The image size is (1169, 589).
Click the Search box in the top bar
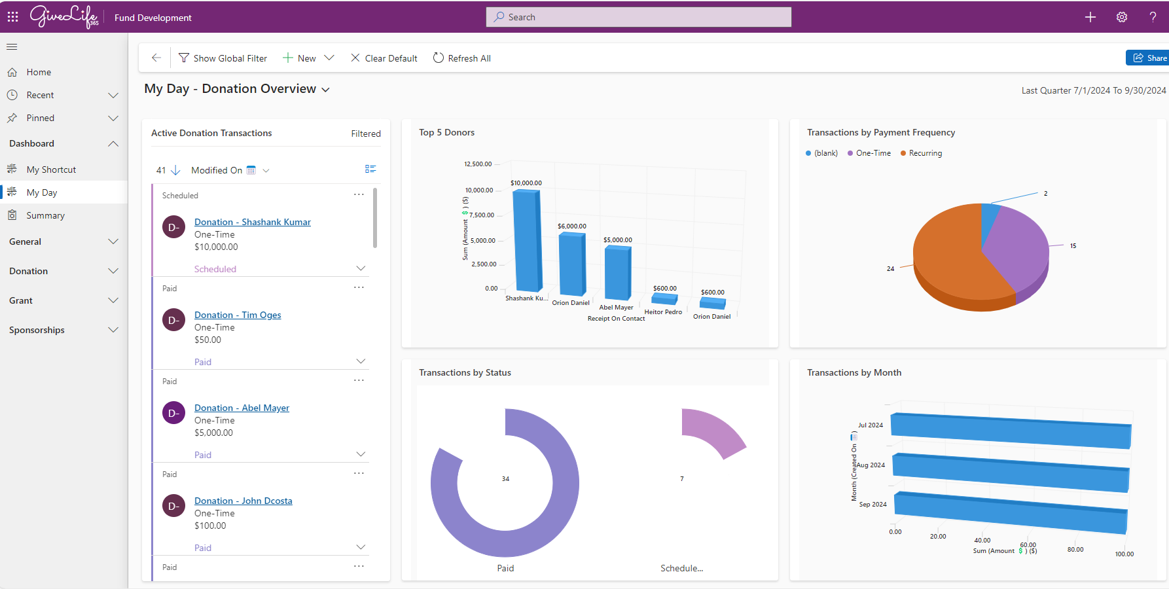(638, 17)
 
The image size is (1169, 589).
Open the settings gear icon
(1121, 17)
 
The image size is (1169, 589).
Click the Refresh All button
(462, 58)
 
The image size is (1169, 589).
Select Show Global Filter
(223, 58)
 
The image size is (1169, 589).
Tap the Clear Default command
(384, 58)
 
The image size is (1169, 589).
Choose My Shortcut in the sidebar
(51, 170)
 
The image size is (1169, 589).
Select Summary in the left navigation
(45, 215)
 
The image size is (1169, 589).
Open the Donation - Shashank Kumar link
(252, 222)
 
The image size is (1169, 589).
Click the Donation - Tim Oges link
(238, 315)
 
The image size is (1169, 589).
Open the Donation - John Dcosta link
(243, 501)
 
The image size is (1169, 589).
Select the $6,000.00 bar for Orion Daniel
(572, 264)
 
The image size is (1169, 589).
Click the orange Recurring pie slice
(949, 262)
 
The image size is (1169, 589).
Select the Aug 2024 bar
(1011, 472)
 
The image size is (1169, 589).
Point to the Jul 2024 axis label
(871, 425)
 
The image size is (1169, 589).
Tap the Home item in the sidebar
(39, 72)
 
